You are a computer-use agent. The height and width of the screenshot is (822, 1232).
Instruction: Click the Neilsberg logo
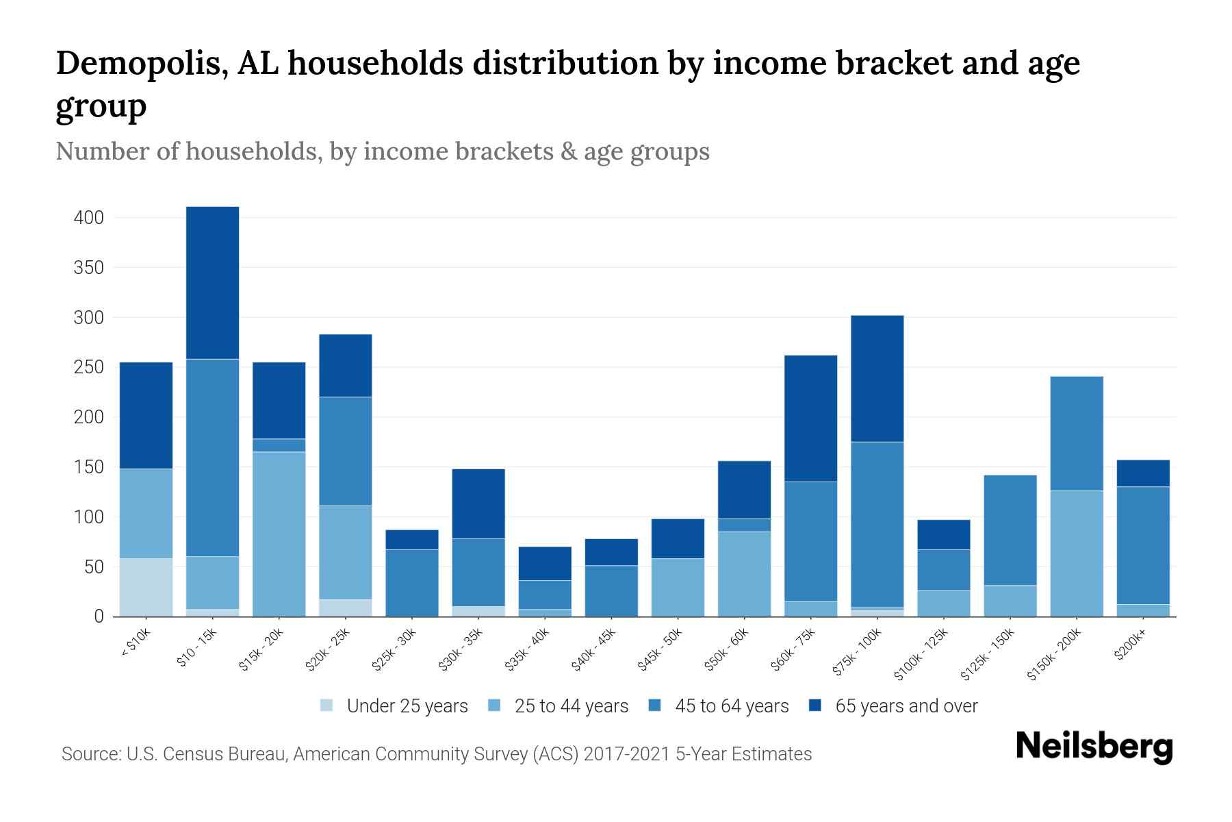click(x=1094, y=747)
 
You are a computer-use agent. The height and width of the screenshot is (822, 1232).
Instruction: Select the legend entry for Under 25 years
click(x=407, y=706)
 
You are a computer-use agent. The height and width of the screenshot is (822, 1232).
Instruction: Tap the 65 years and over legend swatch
click(x=814, y=706)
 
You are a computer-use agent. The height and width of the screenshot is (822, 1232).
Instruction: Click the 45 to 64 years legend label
click(x=732, y=706)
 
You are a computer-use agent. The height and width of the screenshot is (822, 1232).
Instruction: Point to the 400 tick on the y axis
click(x=88, y=218)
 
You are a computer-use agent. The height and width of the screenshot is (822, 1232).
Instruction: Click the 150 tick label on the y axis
click(x=88, y=467)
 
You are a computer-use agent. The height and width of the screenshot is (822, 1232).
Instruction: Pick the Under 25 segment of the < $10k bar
click(x=146, y=587)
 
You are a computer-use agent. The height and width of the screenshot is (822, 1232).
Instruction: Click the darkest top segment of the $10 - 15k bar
click(x=212, y=282)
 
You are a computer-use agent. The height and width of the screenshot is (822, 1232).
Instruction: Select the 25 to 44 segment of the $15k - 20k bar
click(x=279, y=534)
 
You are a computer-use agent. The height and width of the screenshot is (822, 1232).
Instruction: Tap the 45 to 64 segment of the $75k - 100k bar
click(x=877, y=524)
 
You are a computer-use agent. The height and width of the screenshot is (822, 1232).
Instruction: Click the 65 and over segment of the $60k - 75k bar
click(x=810, y=418)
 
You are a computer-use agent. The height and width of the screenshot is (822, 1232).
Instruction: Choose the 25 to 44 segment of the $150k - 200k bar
click(x=1076, y=553)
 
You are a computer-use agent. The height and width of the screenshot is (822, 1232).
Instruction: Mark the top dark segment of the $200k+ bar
click(x=1142, y=473)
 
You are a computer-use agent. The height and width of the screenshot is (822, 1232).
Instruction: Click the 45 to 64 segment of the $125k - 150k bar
click(x=1010, y=530)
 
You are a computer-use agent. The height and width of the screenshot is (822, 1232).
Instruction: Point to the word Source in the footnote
click(x=88, y=754)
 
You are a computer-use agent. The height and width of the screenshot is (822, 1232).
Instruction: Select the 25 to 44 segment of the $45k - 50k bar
click(x=678, y=587)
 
